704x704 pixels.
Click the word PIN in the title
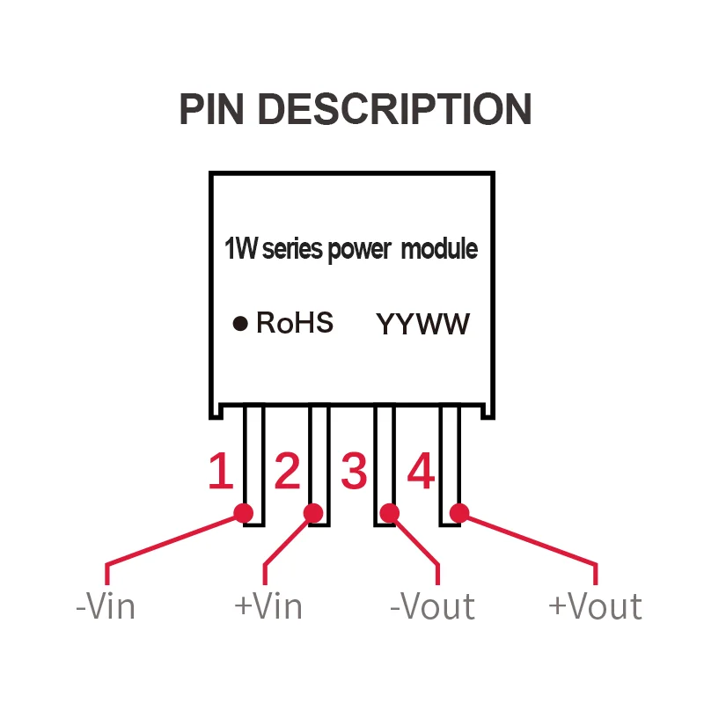[213, 109]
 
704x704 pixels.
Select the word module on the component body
[439, 249]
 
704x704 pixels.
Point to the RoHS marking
[295, 323]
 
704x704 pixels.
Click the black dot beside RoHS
[239, 324]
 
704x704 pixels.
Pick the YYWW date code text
[423, 324]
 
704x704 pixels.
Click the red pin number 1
[220, 472]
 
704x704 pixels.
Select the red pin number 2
[287, 472]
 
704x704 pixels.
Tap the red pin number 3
[354, 472]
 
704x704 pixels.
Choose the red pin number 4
[421, 472]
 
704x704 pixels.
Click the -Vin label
[106, 606]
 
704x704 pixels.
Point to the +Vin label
[268, 606]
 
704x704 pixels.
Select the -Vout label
[432, 606]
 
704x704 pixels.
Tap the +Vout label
[595, 606]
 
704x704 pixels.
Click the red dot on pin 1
[244, 512]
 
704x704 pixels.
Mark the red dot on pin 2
[313, 512]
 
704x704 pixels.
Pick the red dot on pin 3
[389, 512]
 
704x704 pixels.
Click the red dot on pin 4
[458, 512]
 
